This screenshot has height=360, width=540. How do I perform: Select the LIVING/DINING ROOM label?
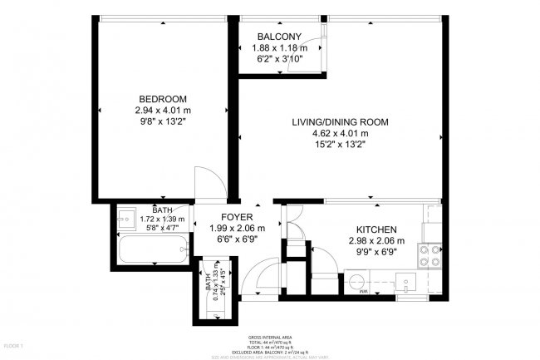tap(340, 122)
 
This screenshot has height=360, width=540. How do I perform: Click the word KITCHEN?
tap(376, 229)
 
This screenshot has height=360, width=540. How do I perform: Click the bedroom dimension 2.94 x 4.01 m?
tap(163, 109)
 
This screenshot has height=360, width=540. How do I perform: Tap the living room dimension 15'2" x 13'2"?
tap(340, 144)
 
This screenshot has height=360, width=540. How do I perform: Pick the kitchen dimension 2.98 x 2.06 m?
tap(376, 240)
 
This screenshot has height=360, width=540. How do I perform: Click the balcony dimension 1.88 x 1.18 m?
tap(279, 48)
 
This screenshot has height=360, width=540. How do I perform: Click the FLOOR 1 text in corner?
tap(14, 344)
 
